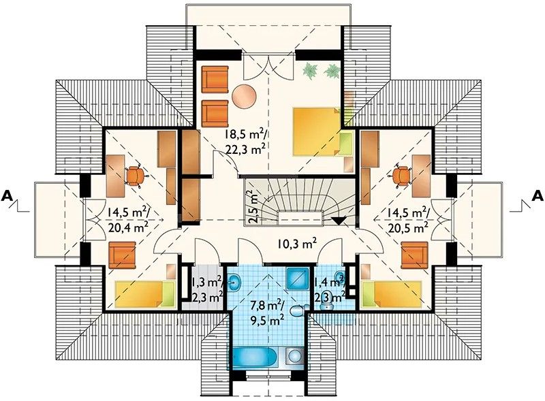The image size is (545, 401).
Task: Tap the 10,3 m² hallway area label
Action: [x=296, y=244]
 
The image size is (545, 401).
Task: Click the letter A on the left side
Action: [x=7, y=196]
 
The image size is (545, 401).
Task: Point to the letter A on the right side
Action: [x=538, y=196]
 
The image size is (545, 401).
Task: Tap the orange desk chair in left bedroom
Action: [x=134, y=176]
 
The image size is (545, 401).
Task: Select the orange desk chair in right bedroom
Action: [x=401, y=176]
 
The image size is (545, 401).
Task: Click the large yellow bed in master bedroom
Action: [x=317, y=131]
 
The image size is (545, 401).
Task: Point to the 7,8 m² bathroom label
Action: [x=268, y=306]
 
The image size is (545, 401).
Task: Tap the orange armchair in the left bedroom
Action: [x=122, y=255]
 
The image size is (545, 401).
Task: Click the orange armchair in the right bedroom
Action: [x=414, y=255]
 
